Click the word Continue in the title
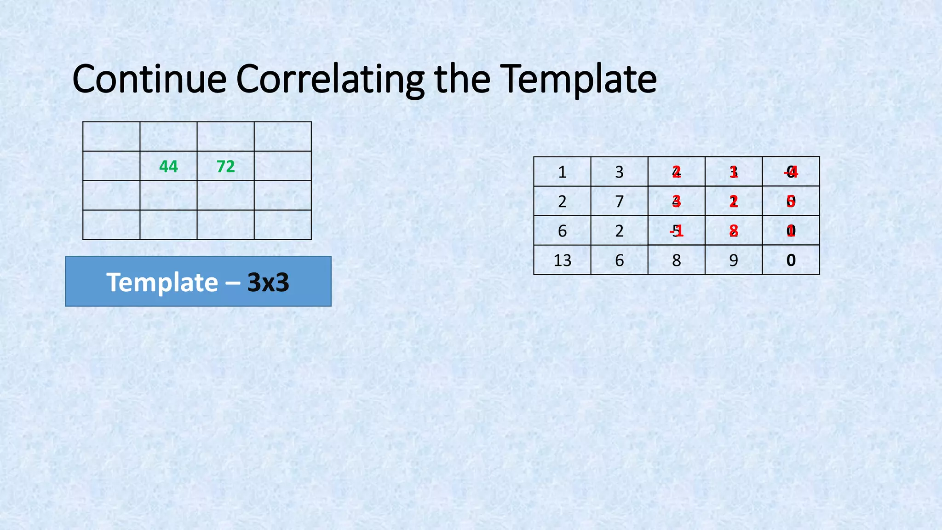[x=149, y=79]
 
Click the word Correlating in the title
[x=330, y=79]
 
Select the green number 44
[x=168, y=166]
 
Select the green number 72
[x=225, y=166]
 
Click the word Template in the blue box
[x=162, y=282]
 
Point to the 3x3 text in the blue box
[x=268, y=282]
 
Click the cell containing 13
[x=562, y=260]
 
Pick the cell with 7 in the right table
[x=619, y=202]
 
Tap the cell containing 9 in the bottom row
[x=733, y=260]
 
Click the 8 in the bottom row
[x=676, y=260]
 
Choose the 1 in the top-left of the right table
[x=562, y=172]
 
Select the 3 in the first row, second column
[x=619, y=172]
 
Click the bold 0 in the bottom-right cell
[x=791, y=260]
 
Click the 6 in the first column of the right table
[x=562, y=231]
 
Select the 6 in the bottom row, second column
[x=619, y=260]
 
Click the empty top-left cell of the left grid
[x=111, y=137]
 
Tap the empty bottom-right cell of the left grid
[x=282, y=225]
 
